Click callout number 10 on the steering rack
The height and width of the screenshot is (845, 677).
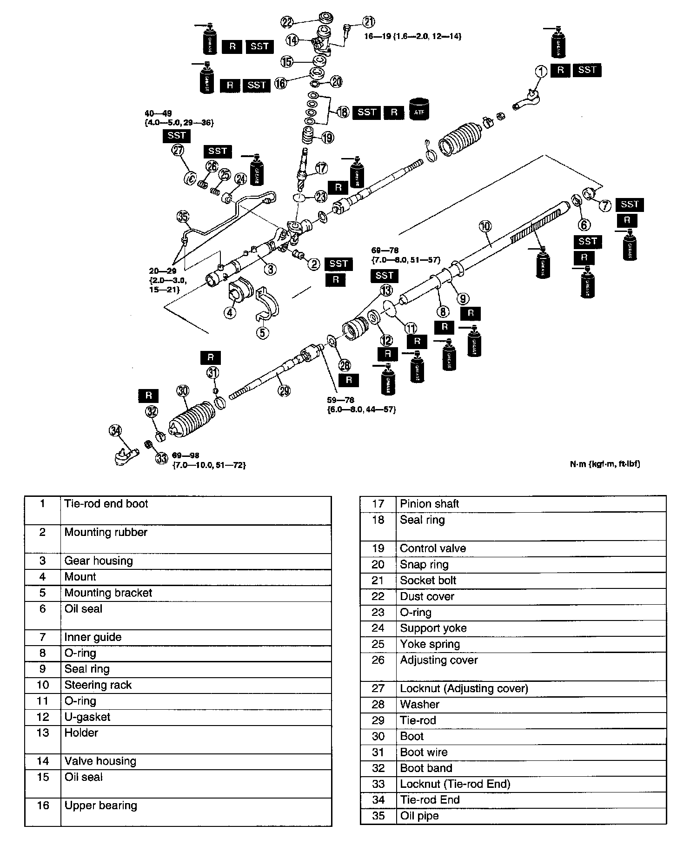(x=485, y=226)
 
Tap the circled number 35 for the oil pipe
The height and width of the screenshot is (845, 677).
(x=183, y=217)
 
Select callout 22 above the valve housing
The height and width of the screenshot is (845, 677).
(x=287, y=21)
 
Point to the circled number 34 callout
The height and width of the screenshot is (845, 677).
(x=115, y=431)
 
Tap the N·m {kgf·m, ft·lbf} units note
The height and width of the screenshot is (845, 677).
(x=604, y=464)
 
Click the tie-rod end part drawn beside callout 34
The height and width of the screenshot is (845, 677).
(x=126, y=455)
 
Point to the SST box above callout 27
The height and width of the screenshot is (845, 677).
(x=177, y=136)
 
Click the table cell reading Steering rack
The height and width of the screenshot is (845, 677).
(x=98, y=685)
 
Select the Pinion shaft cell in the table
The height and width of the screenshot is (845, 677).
(x=429, y=504)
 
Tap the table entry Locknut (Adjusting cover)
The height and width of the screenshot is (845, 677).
(x=464, y=688)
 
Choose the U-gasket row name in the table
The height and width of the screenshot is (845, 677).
(x=87, y=717)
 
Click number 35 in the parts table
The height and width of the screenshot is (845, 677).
(x=378, y=816)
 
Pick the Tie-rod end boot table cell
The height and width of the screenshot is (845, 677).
(x=106, y=504)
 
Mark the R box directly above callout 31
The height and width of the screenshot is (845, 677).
(x=211, y=357)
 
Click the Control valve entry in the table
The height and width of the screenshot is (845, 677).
(x=432, y=548)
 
